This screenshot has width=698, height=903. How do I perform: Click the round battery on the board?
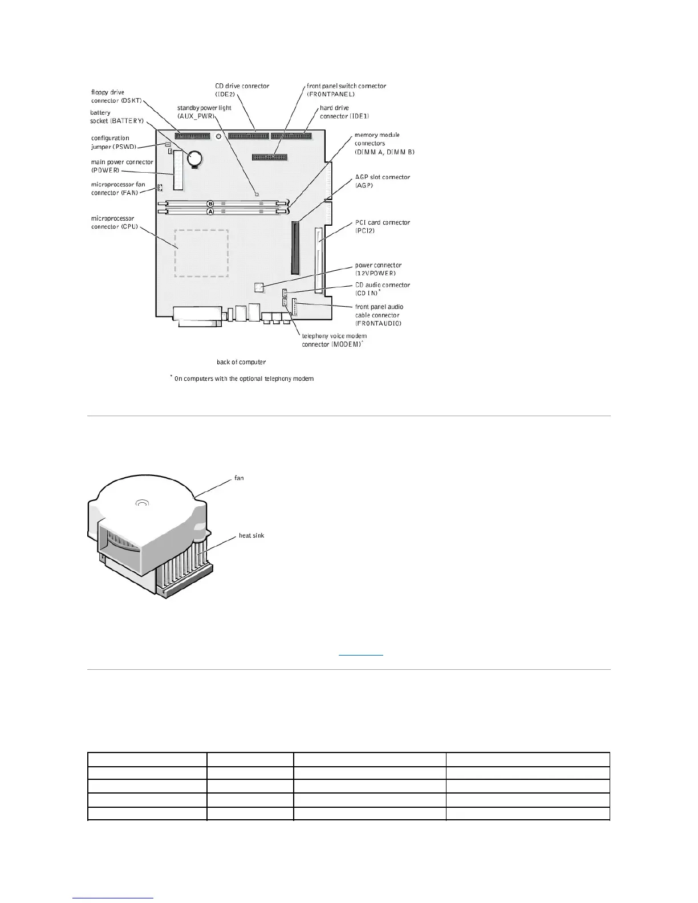click(x=196, y=157)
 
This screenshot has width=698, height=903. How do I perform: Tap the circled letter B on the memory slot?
click(x=210, y=204)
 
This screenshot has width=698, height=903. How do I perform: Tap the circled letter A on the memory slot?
click(x=210, y=211)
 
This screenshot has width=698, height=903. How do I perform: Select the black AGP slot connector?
click(x=295, y=248)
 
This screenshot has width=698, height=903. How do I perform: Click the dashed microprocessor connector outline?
click(x=201, y=253)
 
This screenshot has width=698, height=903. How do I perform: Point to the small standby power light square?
click(x=257, y=194)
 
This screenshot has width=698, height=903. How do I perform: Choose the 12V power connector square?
click(x=258, y=286)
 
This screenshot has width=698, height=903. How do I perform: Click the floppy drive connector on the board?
click(x=193, y=136)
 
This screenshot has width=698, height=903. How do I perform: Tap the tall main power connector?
click(x=178, y=174)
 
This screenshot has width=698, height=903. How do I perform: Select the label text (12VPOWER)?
click(x=375, y=273)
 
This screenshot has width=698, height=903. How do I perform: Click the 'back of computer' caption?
click(x=241, y=362)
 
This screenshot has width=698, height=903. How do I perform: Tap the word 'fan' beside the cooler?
click(x=239, y=478)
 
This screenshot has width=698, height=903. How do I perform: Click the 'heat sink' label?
click(x=251, y=535)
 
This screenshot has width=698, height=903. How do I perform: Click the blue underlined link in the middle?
click(x=361, y=654)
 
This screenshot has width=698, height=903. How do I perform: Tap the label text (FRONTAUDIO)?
click(x=378, y=323)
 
